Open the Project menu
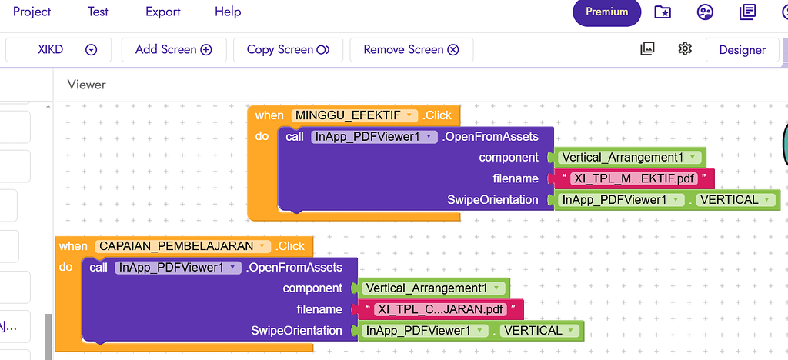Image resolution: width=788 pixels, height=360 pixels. pyautogui.click(x=32, y=12)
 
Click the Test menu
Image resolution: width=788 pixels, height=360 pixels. pyautogui.click(x=98, y=12)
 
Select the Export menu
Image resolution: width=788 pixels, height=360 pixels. pyautogui.click(x=163, y=12)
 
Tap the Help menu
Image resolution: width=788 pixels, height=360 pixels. pyautogui.click(x=228, y=12)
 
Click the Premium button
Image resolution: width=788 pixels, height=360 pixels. pyautogui.click(x=606, y=12)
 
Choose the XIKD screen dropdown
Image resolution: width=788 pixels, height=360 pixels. pyautogui.click(x=58, y=50)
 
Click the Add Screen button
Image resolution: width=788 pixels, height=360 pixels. pyautogui.click(x=174, y=50)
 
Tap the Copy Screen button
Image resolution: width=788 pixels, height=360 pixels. pyautogui.click(x=288, y=50)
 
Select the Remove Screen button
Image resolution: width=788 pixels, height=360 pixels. pyautogui.click(x=412, y=50)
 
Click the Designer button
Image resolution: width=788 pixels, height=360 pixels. pyautogui.click(x=743, y=50)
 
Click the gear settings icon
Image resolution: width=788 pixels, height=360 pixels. pyautogui.click(x=685, y=48)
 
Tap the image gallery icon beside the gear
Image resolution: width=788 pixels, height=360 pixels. pyautogui.click(x=647, y=48)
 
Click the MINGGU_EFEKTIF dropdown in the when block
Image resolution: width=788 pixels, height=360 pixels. pyautogui.click(x=354, y=115)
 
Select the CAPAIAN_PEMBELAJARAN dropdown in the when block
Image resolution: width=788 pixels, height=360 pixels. pyautogui.click(x=183, y=246)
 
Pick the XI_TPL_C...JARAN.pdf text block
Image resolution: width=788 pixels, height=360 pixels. pyautogui.click(x=440, y=309)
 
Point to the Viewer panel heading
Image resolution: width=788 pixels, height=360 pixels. pyautogui.click(x=86, y=85)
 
